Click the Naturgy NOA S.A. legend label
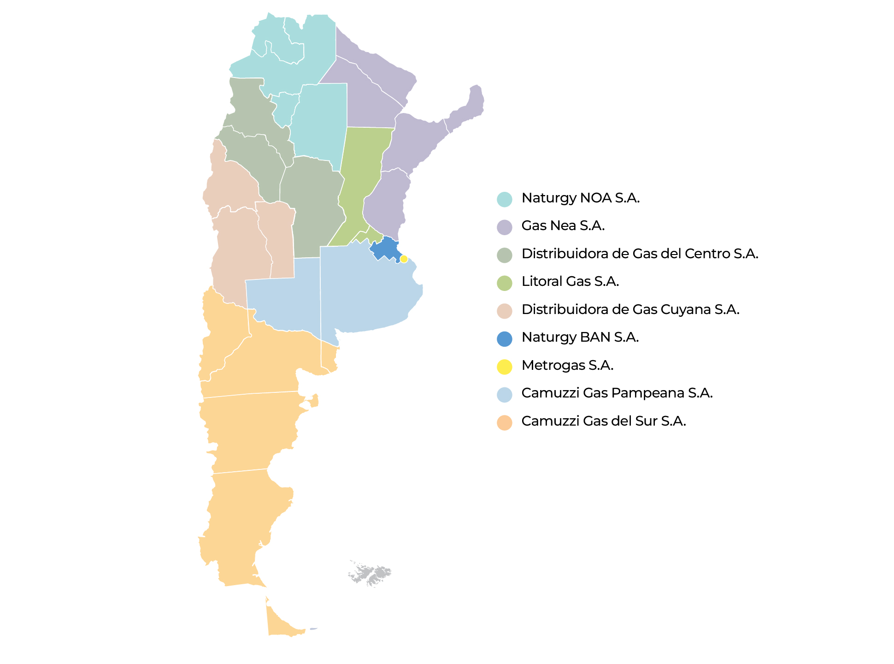click(x=580, y=198)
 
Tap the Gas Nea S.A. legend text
click(x=563, y=226)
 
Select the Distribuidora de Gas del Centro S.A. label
click(x=640, y=254)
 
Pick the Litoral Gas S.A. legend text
click(x=570, y=282)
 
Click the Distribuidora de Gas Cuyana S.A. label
click(x=630, y=309)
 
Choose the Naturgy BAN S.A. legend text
click(x=580, y=338)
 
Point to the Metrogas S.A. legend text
click(x=567, y=366)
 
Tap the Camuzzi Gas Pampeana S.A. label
click(x=617, y=393)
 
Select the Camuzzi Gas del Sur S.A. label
click(x=603, y=421)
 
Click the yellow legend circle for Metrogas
click(x=505, y=367)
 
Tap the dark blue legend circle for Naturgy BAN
click(x=505, y=339)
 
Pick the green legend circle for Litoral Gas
click(x=505, y=283)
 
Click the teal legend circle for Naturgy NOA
click(x=505, y=200)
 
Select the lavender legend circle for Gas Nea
click(x=505, y=227)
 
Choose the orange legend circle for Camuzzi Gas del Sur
click(x=505, y=423)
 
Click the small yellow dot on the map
click(x=404, y=259)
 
